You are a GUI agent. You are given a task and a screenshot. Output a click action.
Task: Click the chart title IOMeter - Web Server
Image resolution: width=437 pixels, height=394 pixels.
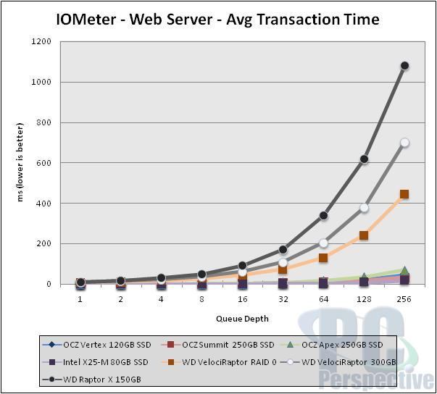tap(217, 20)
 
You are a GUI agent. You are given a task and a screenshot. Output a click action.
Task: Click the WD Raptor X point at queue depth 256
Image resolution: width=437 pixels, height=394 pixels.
tap(404, 66)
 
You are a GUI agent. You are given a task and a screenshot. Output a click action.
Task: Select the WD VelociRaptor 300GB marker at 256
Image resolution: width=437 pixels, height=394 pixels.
tap(404, 143)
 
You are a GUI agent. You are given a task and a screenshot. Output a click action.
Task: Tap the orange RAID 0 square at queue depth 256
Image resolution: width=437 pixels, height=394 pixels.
tap(404, 194)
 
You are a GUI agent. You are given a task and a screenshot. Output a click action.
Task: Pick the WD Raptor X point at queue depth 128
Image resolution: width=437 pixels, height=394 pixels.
tap(364, 159)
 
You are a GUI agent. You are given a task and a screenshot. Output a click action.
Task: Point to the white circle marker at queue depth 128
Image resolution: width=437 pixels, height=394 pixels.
tap(364, 208)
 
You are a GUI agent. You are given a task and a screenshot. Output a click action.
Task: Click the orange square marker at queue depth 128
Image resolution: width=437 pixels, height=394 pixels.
tap(364, 235)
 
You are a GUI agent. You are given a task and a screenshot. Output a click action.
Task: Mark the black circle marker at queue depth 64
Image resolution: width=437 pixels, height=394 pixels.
tap(323, 216)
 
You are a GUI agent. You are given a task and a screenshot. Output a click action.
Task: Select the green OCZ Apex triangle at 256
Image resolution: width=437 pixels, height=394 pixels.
tap(404, 271)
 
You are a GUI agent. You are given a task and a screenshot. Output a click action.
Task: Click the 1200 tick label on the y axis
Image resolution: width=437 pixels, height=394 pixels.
tap(41, 42)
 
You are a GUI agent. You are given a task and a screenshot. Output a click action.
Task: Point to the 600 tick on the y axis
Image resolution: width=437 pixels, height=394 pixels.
tap(44, 163)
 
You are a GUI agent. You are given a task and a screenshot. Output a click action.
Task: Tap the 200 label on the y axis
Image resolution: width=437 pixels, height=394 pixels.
tap(44, 244)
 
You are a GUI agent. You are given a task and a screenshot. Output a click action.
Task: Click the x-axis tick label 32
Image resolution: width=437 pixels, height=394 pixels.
tap(283, 298)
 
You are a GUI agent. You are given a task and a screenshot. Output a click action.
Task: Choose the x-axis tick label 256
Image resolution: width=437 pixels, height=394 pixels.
tap(404, 298)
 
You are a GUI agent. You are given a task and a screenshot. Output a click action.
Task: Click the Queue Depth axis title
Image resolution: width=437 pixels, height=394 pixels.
tap(243, 319)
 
